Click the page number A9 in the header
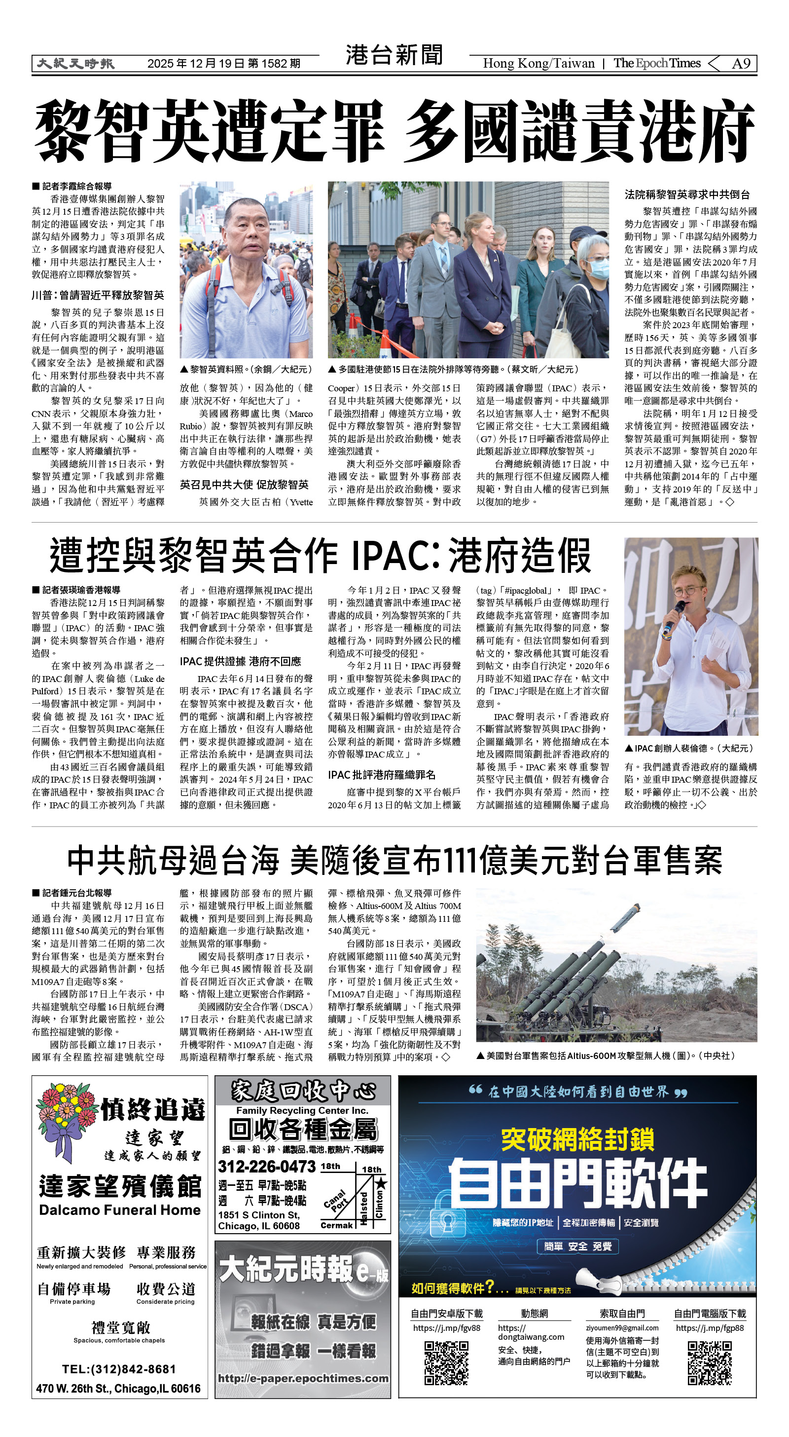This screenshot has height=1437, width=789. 741,64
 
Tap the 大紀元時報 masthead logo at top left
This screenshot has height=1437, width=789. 75,64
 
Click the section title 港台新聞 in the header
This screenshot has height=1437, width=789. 394,55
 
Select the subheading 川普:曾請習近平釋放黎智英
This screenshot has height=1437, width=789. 98,295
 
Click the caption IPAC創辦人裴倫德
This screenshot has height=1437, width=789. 689,748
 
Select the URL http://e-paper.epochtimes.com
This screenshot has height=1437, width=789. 303,1378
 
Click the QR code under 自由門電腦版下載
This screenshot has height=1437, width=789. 709,1363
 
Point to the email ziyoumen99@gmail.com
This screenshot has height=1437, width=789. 622,1328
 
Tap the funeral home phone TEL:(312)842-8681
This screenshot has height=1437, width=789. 119,1369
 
